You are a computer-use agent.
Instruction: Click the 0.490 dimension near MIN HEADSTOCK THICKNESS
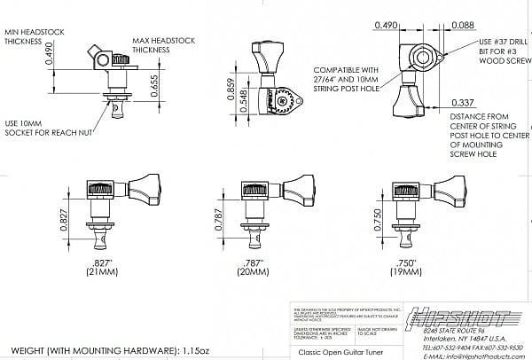[51, 58]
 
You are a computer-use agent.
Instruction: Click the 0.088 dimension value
[462, 27]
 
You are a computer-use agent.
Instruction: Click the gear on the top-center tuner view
[286, 99]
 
